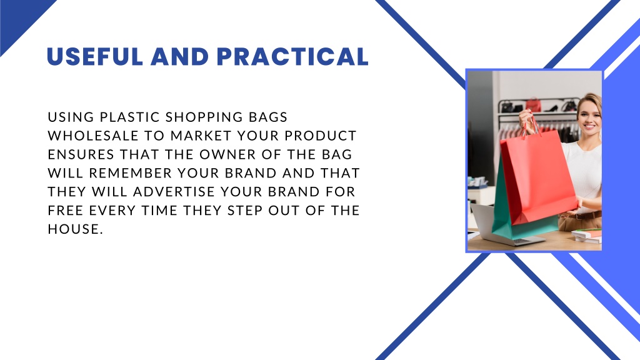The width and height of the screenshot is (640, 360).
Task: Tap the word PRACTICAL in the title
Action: [292, 56]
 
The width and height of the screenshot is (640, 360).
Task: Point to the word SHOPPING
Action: [204, 117]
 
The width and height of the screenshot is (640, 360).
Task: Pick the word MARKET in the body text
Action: [201, 136]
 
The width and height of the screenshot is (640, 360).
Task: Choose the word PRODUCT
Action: [321, 136]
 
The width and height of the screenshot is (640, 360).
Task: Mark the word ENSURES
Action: [81, 154]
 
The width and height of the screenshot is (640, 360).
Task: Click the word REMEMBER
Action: [131, 173]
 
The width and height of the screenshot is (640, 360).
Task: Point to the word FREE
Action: [66, 211]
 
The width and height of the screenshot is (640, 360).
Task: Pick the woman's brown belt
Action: [587, 216]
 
